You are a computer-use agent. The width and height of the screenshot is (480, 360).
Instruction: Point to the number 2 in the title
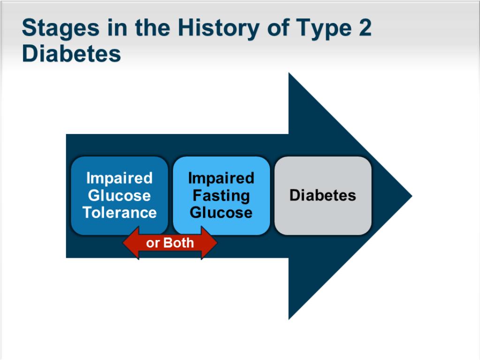[365, 27]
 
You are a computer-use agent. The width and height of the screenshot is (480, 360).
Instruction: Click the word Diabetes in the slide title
[71, 53]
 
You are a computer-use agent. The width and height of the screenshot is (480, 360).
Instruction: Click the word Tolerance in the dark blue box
[120, 212]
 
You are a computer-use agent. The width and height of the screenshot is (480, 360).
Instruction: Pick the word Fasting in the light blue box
[221, 196]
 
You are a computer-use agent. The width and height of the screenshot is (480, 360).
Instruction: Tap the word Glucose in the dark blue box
[120, 195]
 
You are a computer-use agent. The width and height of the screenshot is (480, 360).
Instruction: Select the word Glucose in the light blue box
[221, 212]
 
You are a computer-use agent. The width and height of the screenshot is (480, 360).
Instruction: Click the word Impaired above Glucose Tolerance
[120, 178]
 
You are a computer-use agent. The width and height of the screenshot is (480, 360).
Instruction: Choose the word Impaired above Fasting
[221, 178]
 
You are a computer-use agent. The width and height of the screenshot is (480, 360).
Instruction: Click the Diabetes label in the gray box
[322, 195]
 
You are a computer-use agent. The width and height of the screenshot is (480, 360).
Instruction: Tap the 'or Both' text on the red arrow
[170, 243]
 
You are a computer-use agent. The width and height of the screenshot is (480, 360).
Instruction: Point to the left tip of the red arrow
[123, 243]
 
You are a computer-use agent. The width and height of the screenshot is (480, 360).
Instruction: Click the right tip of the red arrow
[217, 243]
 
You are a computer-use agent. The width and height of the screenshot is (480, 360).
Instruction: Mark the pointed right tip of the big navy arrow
[412, 196]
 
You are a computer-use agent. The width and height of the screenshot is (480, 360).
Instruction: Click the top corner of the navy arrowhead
[289, 73]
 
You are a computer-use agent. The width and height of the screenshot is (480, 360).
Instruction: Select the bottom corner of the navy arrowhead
[289, 319]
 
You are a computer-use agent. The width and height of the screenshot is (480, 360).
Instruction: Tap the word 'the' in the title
[152, 27]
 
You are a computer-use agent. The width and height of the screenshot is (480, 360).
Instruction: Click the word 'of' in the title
[278, 27]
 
